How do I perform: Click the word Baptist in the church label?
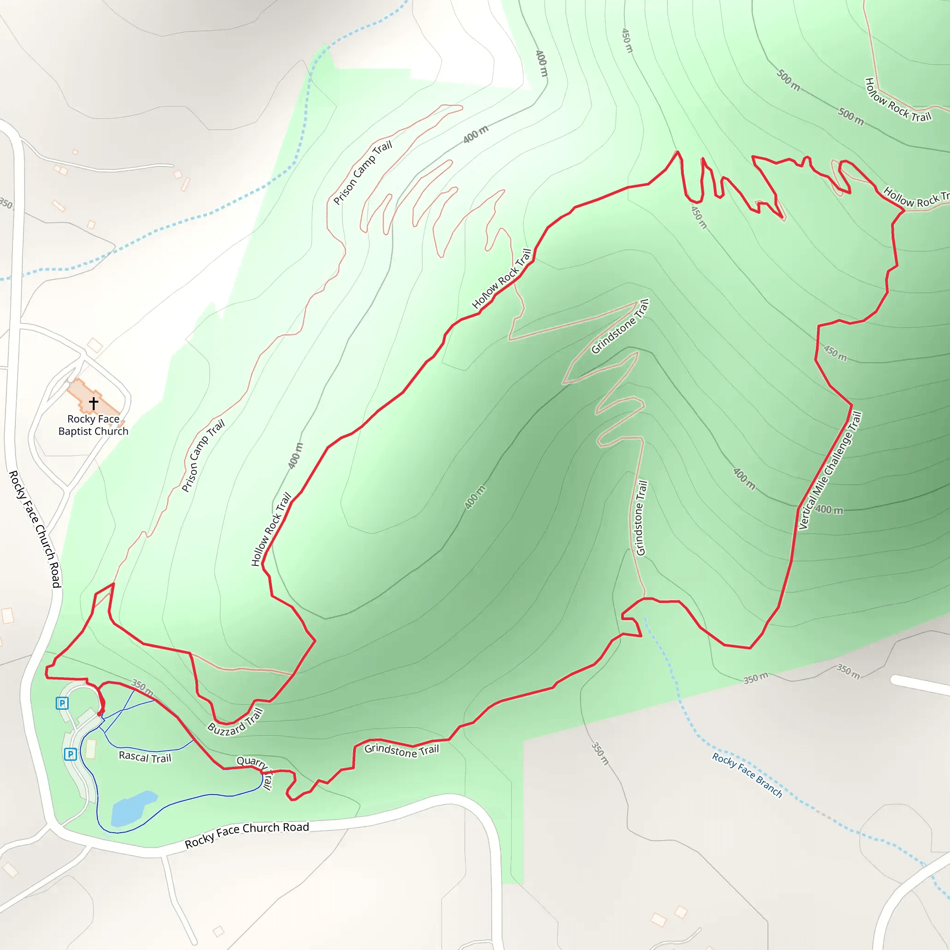pos(74,431)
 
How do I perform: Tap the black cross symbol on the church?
pos(93,403)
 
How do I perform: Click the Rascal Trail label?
pos(145,757)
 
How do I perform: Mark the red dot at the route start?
pos(100,713)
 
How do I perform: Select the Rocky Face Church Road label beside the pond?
pos(247,834)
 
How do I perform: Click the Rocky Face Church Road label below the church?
pos(34,529)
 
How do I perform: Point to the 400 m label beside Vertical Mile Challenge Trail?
pos(829,510)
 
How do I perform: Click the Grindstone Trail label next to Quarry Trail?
pos(401,750)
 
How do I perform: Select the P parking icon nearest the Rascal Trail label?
pos(71,754)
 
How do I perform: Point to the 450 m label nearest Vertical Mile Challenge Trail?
pos(835,353)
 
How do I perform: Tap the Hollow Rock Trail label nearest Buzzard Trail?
pos(271,529)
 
